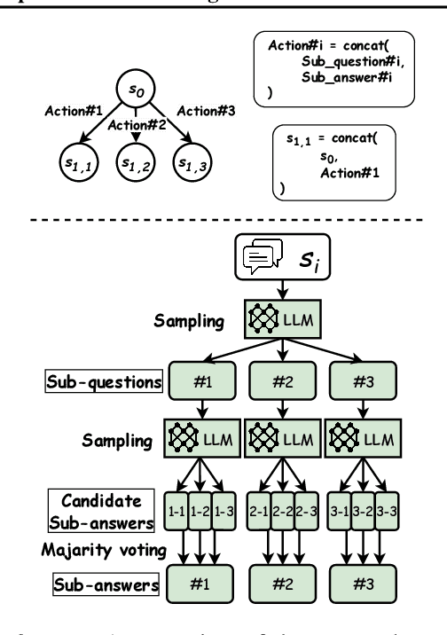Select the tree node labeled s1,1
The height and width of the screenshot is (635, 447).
[x=81, y=162]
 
